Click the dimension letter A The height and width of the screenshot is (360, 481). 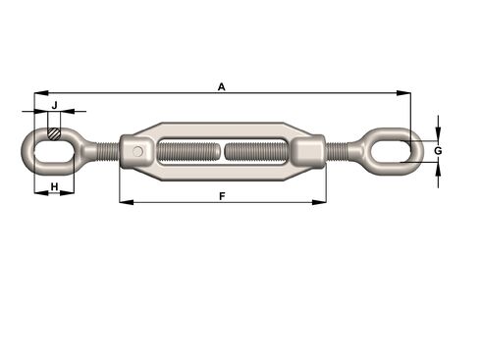(x=222, y=87)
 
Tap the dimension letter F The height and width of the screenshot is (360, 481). (x=223, y=196)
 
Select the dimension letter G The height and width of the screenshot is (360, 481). (x=438, y=150)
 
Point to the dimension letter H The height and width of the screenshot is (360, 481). (x=55, y=185)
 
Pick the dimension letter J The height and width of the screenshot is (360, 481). (x=55, y=104)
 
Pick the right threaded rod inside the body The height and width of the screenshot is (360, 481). (x=257, y=152)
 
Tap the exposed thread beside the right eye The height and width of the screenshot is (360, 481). (x=340, y=152)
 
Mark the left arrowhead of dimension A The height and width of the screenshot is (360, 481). (x=38, y=94)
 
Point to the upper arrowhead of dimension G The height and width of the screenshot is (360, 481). (x=437, y=132)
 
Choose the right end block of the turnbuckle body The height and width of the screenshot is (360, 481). (x=307, y=152)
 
